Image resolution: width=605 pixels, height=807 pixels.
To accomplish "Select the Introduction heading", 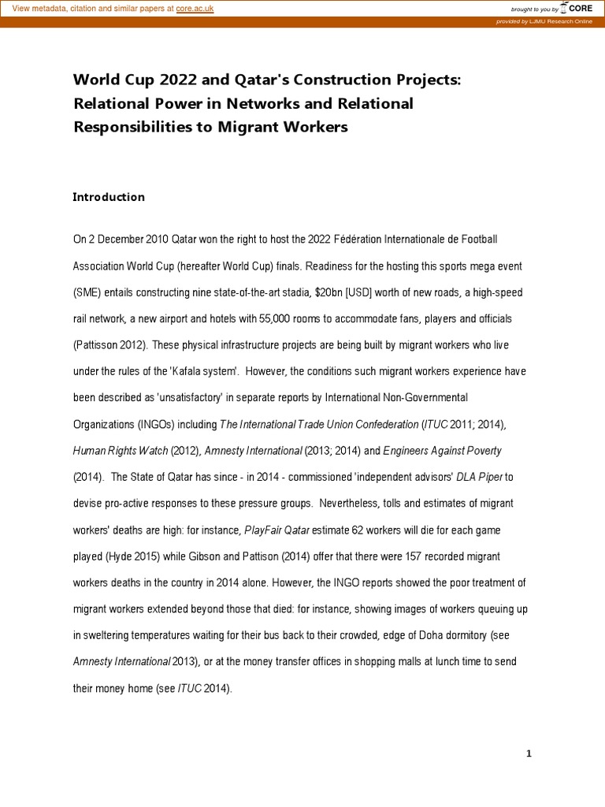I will point(109,197).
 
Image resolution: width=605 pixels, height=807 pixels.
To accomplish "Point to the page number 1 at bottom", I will point(529,753).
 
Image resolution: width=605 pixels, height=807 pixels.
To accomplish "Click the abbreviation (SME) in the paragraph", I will point(87,292).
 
